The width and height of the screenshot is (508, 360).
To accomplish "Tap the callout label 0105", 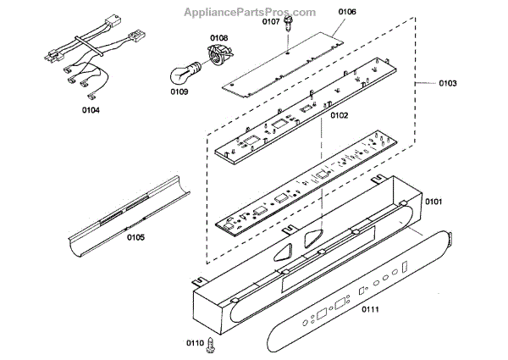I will pos(136,236).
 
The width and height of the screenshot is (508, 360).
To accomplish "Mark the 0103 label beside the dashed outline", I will pos(448,84).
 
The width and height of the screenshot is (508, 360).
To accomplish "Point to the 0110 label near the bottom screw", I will pos(196,343).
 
